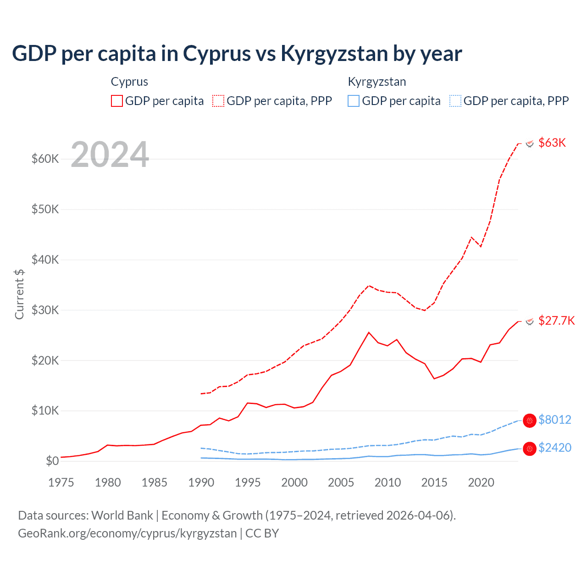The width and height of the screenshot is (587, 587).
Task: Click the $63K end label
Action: pos(552,143)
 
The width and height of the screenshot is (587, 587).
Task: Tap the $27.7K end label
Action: pos(556,321)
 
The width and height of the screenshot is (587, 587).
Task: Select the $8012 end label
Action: pos(554,420)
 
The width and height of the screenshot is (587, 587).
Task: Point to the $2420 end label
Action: pos(554,448)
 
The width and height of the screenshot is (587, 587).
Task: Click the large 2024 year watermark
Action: pos(110,155)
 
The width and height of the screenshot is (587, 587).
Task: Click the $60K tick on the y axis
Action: pos(45,159)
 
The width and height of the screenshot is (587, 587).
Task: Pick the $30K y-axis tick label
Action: pos(45,310)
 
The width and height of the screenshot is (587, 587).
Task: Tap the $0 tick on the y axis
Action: pos(52,461)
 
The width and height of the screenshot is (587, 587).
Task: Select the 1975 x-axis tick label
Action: pos(61,482)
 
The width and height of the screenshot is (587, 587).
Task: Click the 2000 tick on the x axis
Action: pos(294,482)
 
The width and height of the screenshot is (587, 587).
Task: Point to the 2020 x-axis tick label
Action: pos(481,482)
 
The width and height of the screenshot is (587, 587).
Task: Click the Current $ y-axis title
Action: pos(19,294)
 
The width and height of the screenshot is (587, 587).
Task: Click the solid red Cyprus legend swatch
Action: pos(117,101)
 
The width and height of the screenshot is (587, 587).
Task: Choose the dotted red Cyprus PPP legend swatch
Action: pos(218,101)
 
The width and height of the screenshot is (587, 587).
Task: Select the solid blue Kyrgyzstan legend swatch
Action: pos(354,101)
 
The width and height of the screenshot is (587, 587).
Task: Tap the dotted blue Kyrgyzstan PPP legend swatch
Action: pos(455,101)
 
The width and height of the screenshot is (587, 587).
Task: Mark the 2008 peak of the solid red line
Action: pos(369,332)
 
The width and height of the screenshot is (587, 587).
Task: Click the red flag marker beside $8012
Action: pos(530,420)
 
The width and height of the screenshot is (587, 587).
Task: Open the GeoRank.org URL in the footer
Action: pos(127,533)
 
